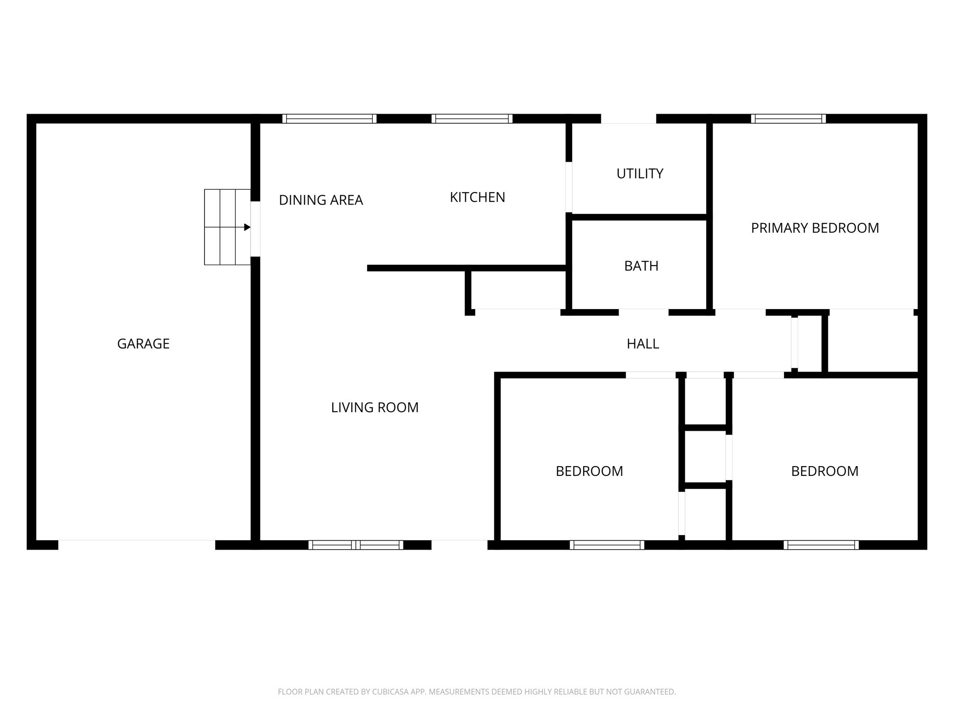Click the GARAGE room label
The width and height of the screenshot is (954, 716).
(143, 344)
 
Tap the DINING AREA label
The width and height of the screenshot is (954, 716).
(320, 200)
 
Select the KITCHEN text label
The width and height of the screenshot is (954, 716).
(477, 198)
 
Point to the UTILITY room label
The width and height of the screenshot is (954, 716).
(640, 174)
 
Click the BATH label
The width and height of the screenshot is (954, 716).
(641, 266)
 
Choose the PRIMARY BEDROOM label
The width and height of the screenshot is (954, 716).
(815, 228)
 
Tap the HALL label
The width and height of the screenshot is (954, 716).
(642, 344)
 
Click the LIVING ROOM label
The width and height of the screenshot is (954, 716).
(375, 408)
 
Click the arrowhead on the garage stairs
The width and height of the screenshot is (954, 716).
(247, 227)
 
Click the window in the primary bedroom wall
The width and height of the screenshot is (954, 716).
(788, 119)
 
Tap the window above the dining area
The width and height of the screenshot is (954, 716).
(329, 119)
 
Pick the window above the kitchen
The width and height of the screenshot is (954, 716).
(472, 119)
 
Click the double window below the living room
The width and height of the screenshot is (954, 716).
(356, 545)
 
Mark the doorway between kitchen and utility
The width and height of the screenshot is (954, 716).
(569, 187)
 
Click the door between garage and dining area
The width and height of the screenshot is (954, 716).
(255, 229)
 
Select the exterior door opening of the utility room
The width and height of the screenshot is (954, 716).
(628, 119)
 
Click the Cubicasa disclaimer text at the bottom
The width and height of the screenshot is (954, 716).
(477, 692)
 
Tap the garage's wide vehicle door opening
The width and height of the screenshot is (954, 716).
(136, 544)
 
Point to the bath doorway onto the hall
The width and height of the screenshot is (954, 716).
(643, 311)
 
